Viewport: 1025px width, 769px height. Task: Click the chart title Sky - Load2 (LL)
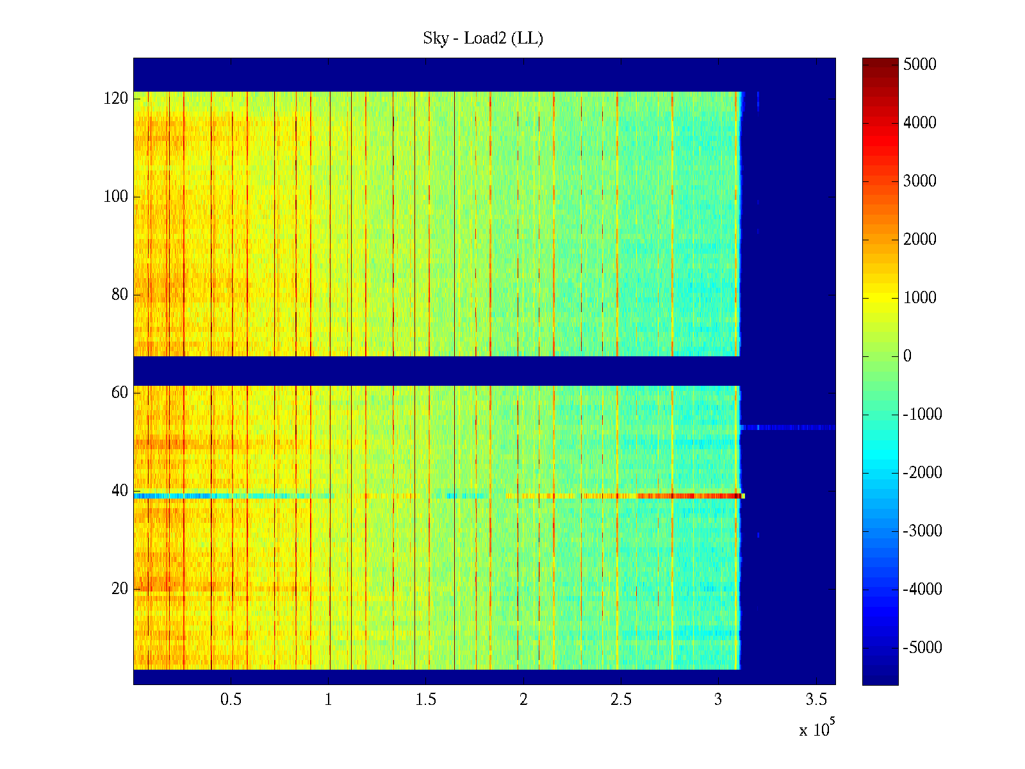click(x=483, y=38)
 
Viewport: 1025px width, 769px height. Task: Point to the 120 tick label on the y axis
click(x=116, y=99)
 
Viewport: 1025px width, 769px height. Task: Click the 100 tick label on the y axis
click(x=116, y=197)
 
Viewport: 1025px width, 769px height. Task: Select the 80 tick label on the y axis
click(x=120, y=295)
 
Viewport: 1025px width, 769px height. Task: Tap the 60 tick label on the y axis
click(x=120, y=392)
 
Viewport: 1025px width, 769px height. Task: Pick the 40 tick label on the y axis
click(x=120, y=491)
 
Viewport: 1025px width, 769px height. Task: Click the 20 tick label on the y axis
click(x=120, y=589)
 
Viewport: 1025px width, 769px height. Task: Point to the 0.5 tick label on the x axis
click(x=231, y=700)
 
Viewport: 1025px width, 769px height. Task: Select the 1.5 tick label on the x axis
click(x=426, y=700)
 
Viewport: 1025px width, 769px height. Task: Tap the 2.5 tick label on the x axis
click(x=621, y=700)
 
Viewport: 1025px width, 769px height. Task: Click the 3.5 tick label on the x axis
click(x=816, y=700)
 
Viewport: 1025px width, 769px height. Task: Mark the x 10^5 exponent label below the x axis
click(x=816, y=729)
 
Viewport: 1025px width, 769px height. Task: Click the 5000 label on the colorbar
click(x=920, y=64)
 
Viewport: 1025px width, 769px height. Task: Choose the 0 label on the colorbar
click(x=907, y=356)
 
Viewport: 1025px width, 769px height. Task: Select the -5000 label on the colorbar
click(x=922, y=648)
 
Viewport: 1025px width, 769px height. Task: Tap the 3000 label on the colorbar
click(x=920, y=181)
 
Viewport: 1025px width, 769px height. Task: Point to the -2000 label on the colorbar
click(x=922, y=473)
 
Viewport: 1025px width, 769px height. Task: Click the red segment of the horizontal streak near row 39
click(x=692, y=495)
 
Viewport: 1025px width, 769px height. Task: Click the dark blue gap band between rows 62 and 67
click(x=436, y=371)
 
